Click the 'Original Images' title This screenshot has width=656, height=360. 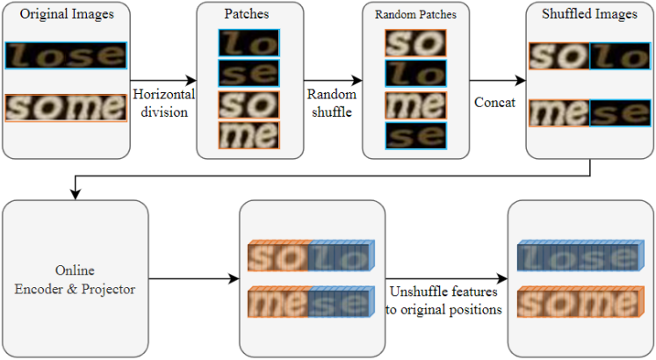point(65,15)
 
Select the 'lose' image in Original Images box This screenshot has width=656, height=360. point(65,55)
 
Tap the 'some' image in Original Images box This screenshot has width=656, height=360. point(65,108)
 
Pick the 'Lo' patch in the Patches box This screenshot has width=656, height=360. point(249,43)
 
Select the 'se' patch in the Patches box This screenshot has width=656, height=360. point(249,73)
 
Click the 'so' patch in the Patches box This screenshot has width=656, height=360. point(249,104)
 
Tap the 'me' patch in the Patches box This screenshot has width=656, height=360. point(249,134)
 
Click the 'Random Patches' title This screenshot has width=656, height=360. point(416,15)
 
